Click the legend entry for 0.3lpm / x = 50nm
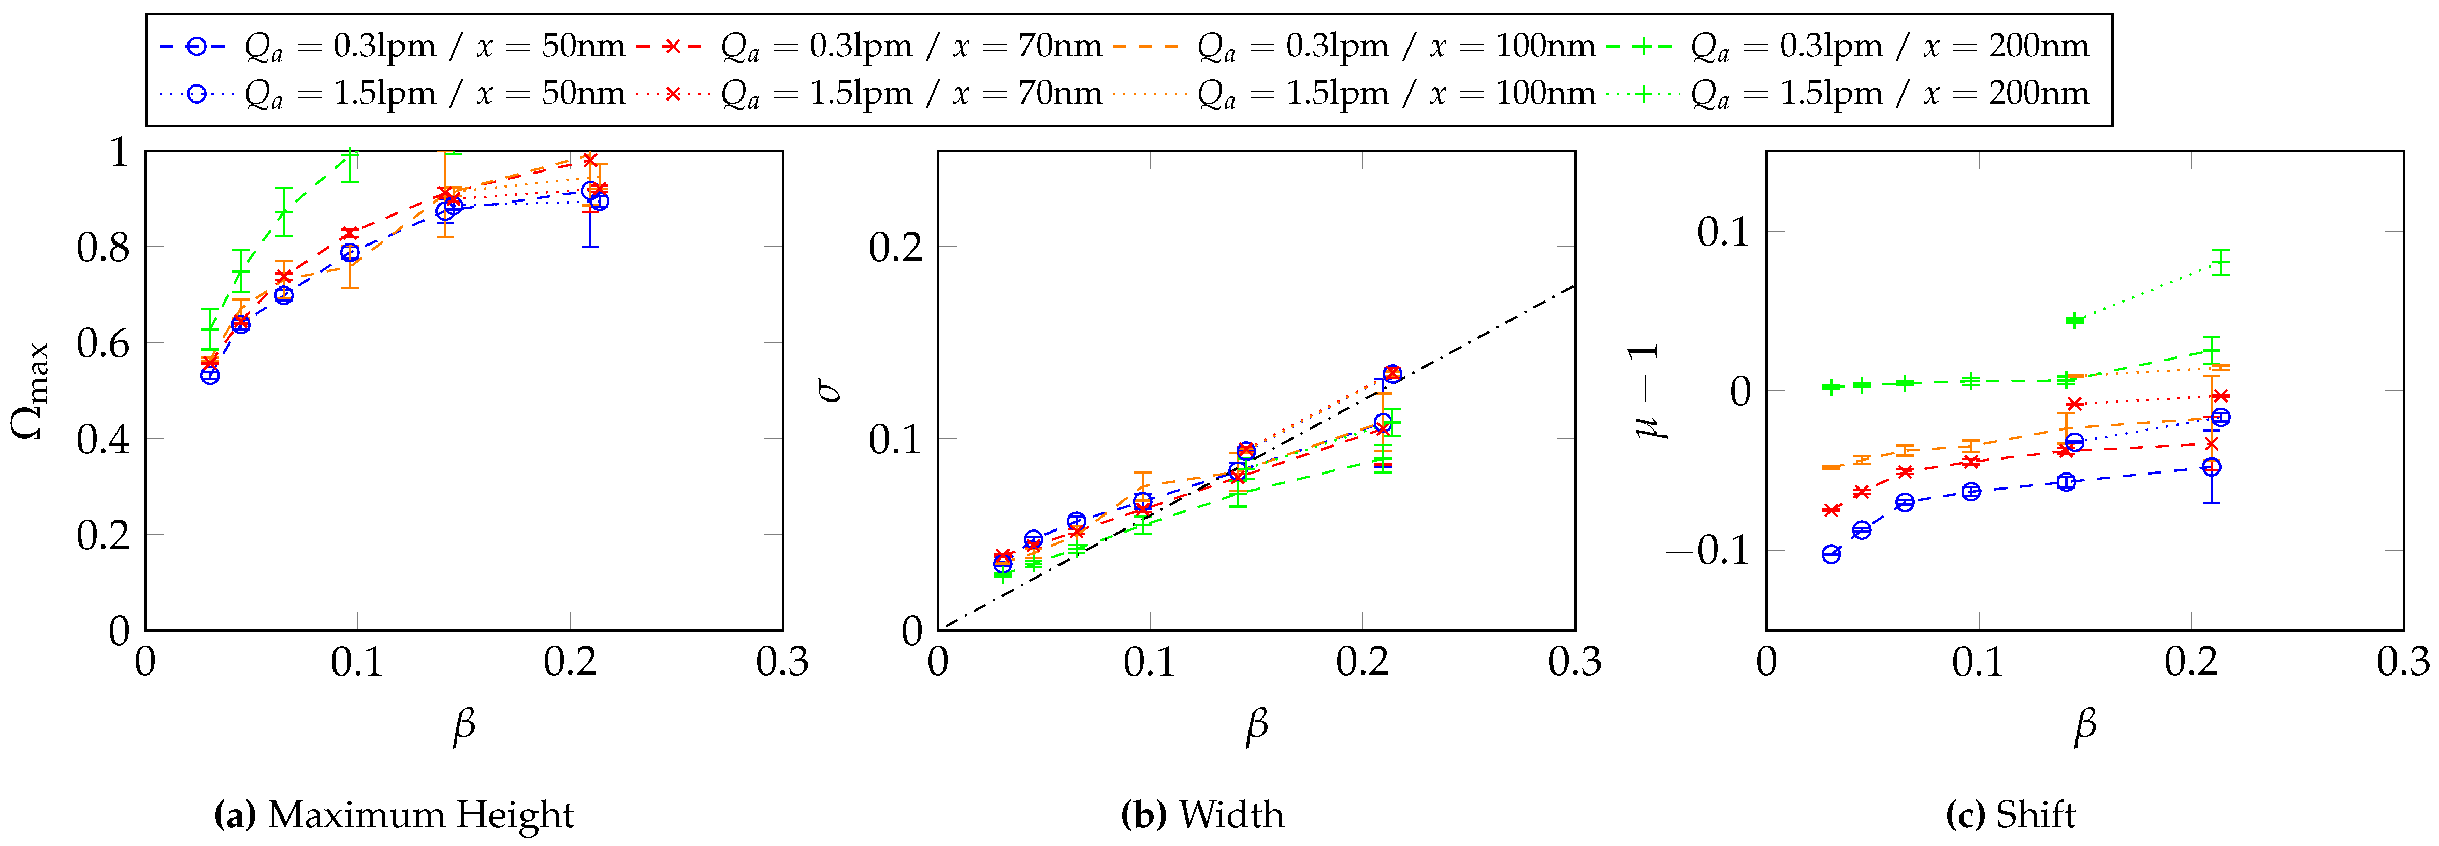tap(393, 46)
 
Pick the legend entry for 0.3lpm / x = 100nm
tap(1354, 46)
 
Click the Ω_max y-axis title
tap(31, 390)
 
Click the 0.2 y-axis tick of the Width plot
tap(896, 247)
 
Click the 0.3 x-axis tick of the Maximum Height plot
tap(782, 661)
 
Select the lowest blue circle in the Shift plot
tap(1831, 554)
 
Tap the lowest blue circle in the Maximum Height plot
tap(210, 375)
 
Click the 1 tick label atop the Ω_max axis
tap(119, 152)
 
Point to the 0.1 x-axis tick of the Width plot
tap(1150, 661)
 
